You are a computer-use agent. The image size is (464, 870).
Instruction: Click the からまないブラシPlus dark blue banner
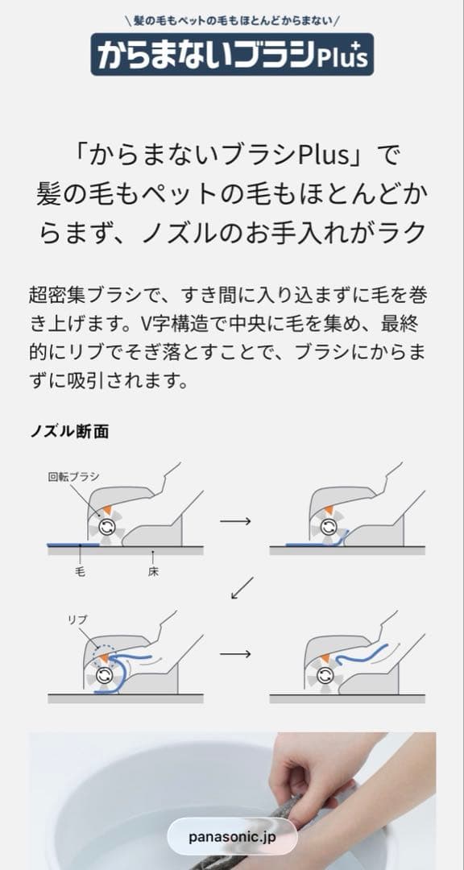coord(232,55)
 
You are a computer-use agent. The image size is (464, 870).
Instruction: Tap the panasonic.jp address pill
coord(233,836)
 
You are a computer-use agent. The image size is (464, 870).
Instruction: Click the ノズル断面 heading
coord(68,432)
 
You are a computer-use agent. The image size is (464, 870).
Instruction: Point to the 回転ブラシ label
coord(73,477)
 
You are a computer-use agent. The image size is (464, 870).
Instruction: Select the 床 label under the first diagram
coord(153,571)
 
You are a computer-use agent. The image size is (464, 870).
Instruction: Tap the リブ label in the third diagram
coord(77,619)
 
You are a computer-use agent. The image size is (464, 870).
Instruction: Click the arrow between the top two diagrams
coord(235,521)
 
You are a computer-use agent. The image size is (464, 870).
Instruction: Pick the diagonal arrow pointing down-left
coord(242,588)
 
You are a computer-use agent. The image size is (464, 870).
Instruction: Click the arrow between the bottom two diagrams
coord(235,654)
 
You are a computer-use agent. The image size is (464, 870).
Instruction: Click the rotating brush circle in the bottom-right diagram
coord(325,676)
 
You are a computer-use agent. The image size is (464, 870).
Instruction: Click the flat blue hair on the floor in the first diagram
coord(73,545)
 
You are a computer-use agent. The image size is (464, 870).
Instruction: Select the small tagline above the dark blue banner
coord(233,21)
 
